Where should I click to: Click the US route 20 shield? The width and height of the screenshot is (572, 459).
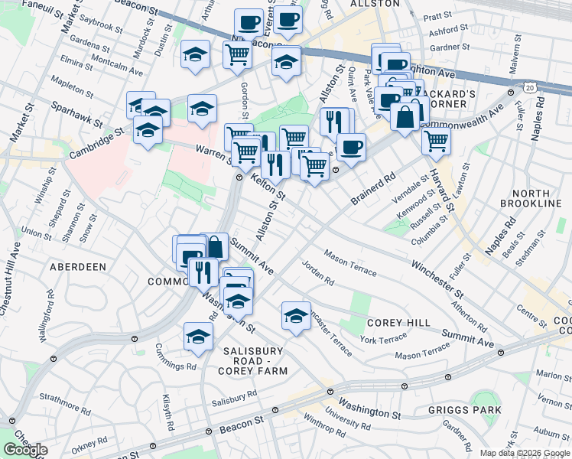530,88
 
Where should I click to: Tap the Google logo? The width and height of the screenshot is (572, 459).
25,450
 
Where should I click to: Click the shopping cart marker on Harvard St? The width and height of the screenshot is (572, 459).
435,140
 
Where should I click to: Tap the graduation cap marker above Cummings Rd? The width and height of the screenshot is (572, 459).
198,336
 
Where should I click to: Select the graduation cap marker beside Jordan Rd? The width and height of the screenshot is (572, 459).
296,314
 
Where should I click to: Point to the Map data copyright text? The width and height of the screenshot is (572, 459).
525,453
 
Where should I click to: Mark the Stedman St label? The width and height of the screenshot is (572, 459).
532,249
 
